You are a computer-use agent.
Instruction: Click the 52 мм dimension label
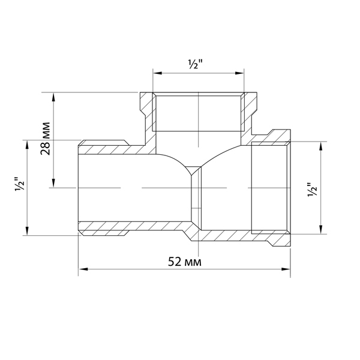[185, 262]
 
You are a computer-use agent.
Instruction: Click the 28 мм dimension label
[45, 139]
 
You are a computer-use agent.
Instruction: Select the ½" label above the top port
[195, 65]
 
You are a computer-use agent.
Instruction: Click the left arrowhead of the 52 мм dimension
[83, 269]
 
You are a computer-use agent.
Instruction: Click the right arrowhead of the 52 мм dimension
[286, 269]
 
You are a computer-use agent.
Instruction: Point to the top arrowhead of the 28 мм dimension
[54, 97]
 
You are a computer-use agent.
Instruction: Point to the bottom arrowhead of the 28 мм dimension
[54, 183]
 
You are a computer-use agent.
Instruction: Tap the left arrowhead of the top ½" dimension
[158, 73]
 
